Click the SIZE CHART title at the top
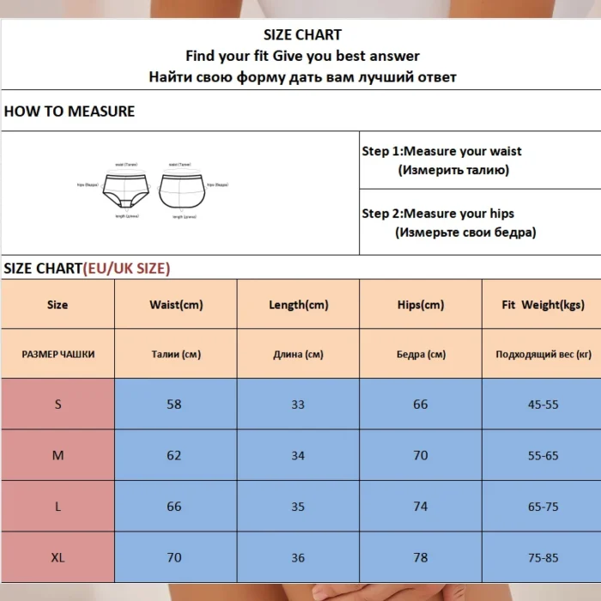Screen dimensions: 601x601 (x=302, y=35)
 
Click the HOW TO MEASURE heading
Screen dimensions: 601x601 (x=70, y=112)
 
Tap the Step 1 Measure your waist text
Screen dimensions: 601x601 (x=441, y=151)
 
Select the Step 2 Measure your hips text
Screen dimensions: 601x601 (x=438, y=214)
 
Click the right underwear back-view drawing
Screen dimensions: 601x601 (x=182, y=189)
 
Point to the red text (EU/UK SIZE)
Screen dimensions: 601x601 (x=126, y=269)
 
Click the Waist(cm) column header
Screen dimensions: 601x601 (x=176, y=305)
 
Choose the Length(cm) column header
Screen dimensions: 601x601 (x=298, y=305)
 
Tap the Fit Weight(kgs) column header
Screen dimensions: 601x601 (x=543, y=305)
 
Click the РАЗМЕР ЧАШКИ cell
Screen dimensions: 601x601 (x=58, y=354)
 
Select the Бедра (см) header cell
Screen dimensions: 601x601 (x=421, y=354)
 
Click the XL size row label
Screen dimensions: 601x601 (x=58, y=557)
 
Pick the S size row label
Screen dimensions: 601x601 (x=58, y=404)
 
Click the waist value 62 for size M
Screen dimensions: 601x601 (x=174, y=455)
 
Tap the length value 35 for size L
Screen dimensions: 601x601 (x=298, y=507)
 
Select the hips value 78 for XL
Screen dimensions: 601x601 (x=421, y=557)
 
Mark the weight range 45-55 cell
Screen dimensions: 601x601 (x=543, y=404)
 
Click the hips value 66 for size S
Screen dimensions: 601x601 (x=421, y=404)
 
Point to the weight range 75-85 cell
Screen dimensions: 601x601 (x=543, y=557)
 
